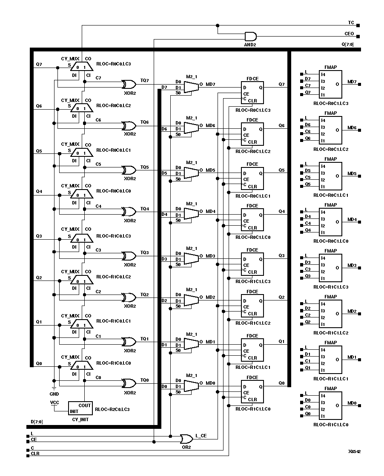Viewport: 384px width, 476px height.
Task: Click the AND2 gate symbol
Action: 251,36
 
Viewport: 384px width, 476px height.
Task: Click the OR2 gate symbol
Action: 186,439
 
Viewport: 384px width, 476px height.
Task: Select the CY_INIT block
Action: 80,408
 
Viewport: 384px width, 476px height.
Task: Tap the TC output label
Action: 351,22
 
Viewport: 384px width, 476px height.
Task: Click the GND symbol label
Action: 54,394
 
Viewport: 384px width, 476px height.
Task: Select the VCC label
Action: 54,402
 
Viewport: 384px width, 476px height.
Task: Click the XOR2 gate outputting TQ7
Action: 127,83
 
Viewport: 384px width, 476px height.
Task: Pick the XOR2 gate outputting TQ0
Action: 127,383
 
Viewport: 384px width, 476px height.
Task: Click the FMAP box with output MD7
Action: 331,85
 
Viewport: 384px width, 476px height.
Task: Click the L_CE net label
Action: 201,436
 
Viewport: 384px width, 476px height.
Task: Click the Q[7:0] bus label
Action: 347,44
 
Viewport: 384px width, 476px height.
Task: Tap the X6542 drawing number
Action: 354,452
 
